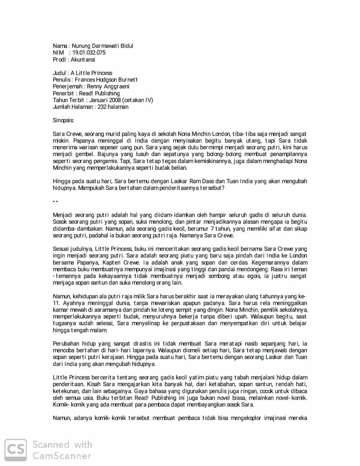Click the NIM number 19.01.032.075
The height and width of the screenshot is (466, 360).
tap(89, 53)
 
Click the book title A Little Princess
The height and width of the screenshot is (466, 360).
tap(91, 73)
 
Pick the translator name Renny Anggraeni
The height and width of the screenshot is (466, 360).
tap(108, 86)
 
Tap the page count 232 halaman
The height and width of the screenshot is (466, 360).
tap(113, 107)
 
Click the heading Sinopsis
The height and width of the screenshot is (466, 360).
tap(63, 120)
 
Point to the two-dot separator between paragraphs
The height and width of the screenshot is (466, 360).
tap(55, 201)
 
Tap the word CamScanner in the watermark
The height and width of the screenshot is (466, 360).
tap(62, 456)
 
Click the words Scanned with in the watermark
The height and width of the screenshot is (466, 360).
tap(62, 444)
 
